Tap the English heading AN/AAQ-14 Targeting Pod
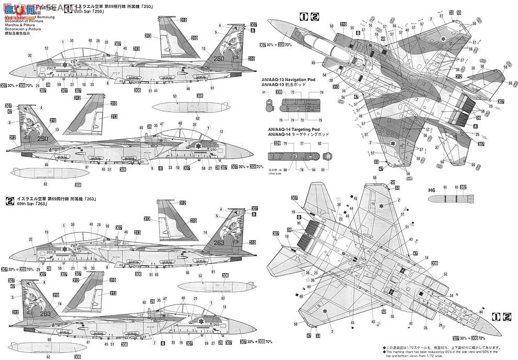(290, 130)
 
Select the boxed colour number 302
(463, 187)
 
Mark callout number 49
(313, 63)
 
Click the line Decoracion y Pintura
(22, 29)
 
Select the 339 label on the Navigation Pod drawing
(278, 92)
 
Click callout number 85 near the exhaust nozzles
(299, 222)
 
